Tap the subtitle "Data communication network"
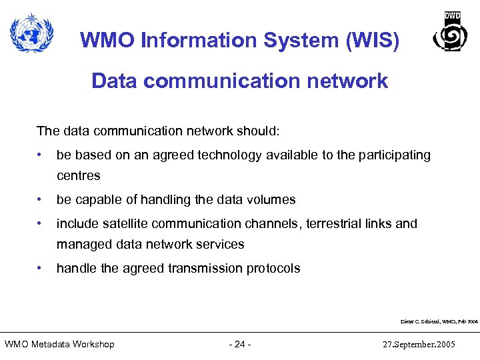[x=239, y=81]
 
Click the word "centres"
[x=79, y=176]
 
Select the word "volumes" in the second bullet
[x=272, y=199]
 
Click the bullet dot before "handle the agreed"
[x=41, y=268]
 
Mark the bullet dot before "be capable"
[x=41, y=199]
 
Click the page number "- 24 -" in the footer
[x=239, y=344]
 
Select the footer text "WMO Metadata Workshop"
[x=59, y=344]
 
